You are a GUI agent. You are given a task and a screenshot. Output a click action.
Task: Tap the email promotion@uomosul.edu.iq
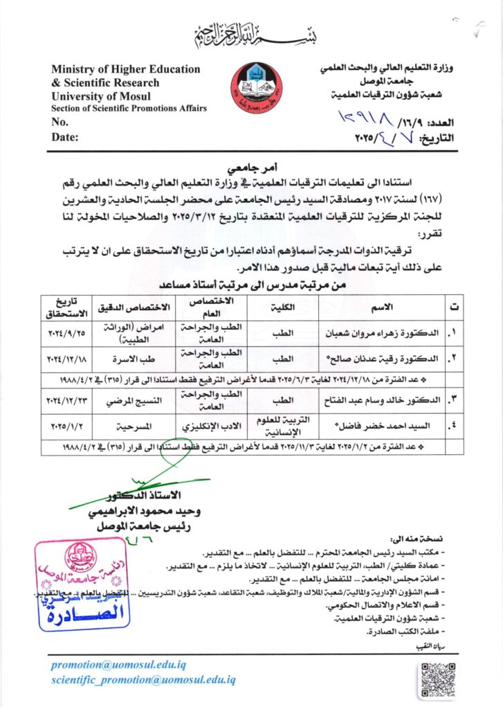118,665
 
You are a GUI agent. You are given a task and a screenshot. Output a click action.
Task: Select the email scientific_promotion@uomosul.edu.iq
143,680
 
